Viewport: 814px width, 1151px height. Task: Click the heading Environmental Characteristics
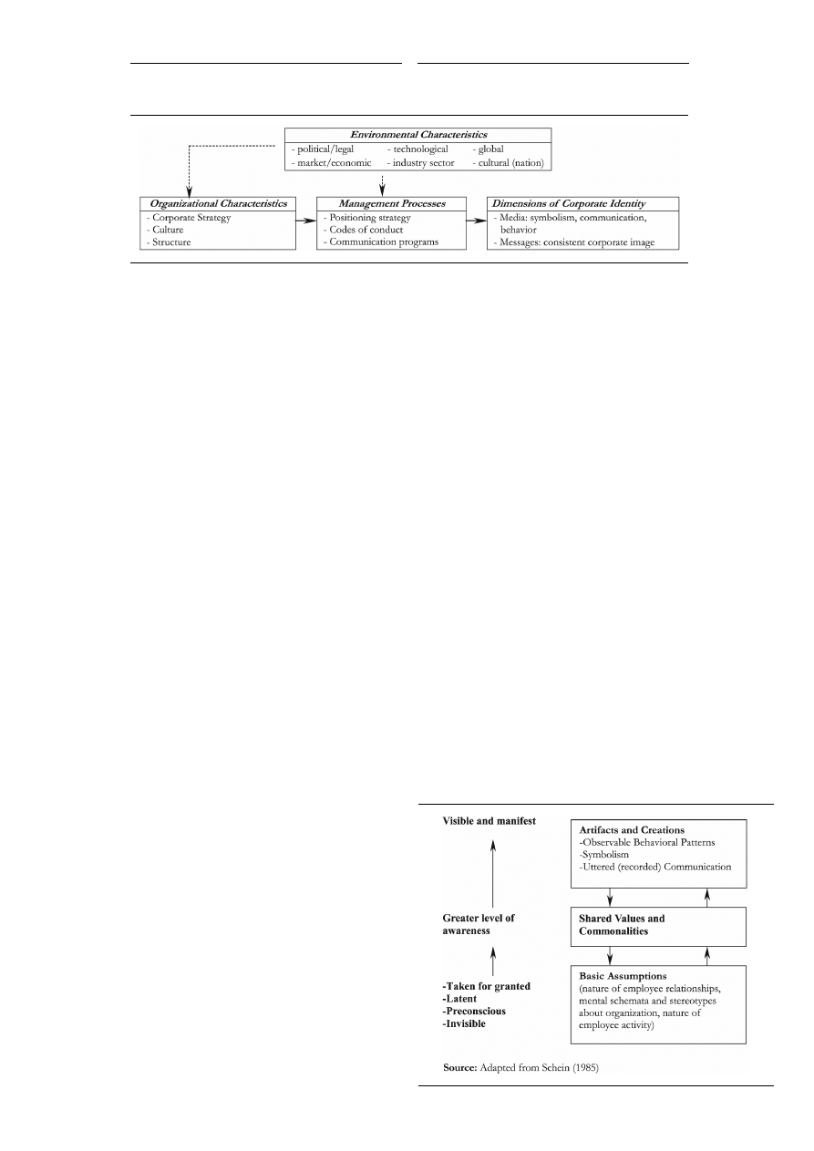click(x=417, y=135)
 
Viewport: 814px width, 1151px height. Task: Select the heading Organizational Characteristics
click(x=217, y=203)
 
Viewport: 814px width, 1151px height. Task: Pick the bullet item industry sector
click(x=421, y=163)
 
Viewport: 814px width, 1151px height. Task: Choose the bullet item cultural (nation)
click(x=508, y=163)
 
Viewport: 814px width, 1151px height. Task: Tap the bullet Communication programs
click(x=384, y=243)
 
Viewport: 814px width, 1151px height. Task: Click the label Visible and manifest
click(x=489, y=821)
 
